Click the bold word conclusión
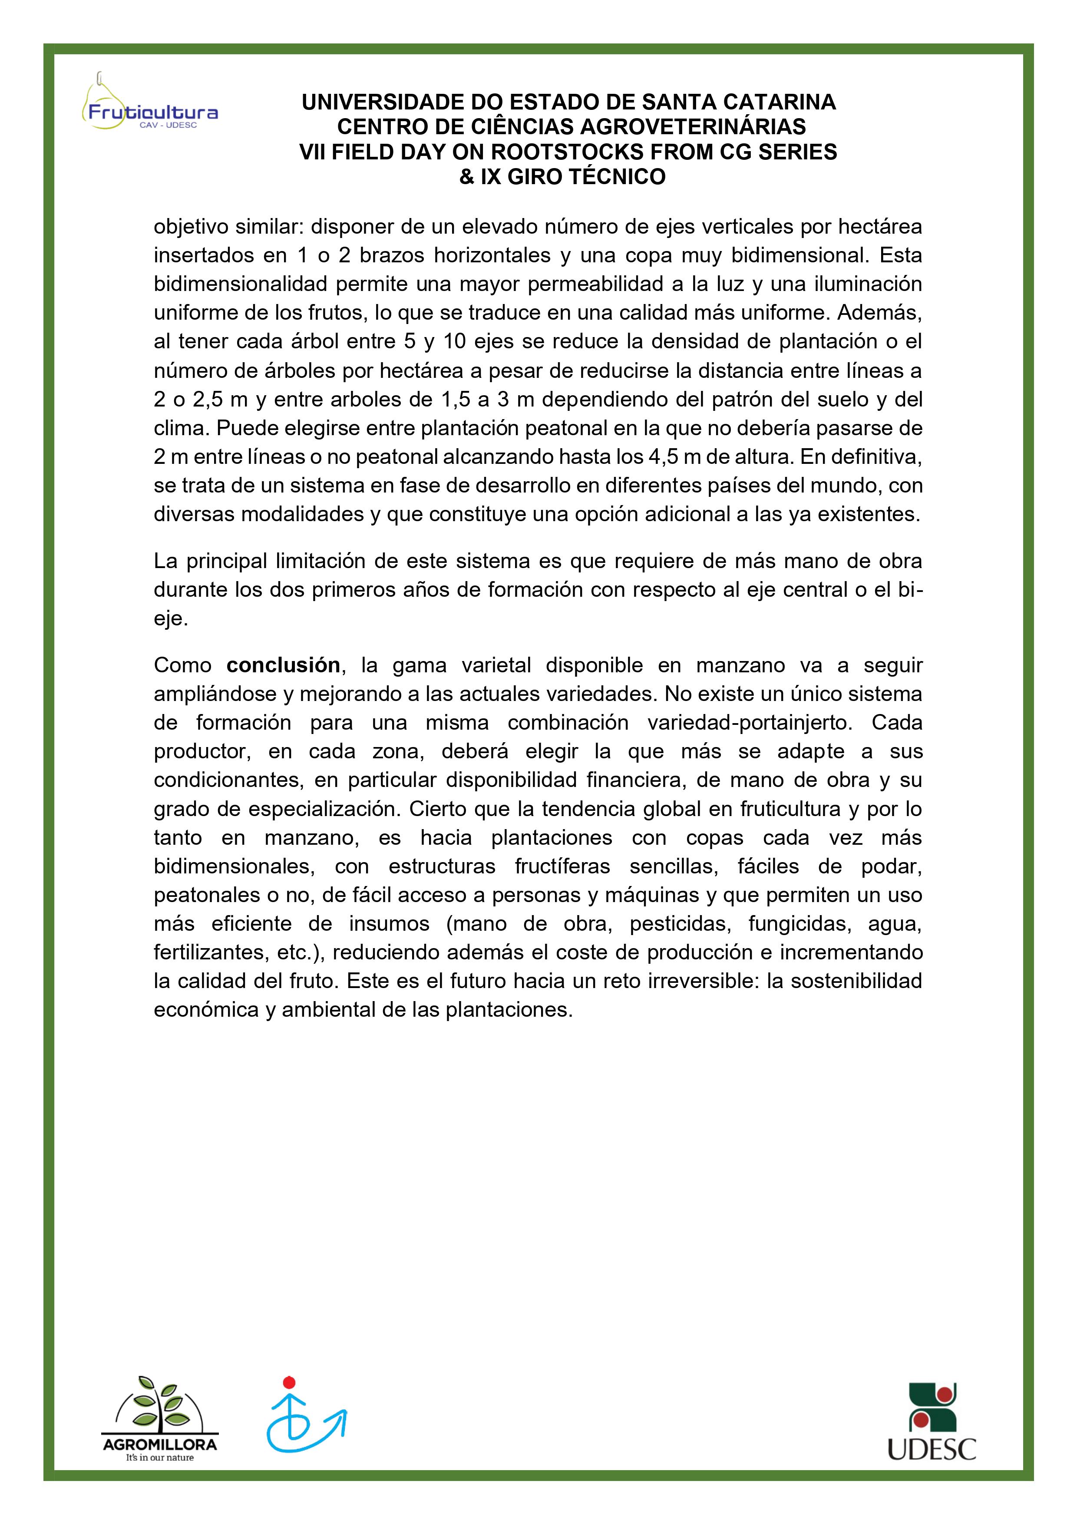[283, 665]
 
